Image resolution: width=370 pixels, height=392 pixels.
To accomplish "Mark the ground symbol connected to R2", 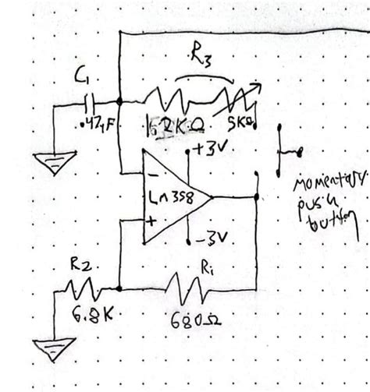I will [54, 347].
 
